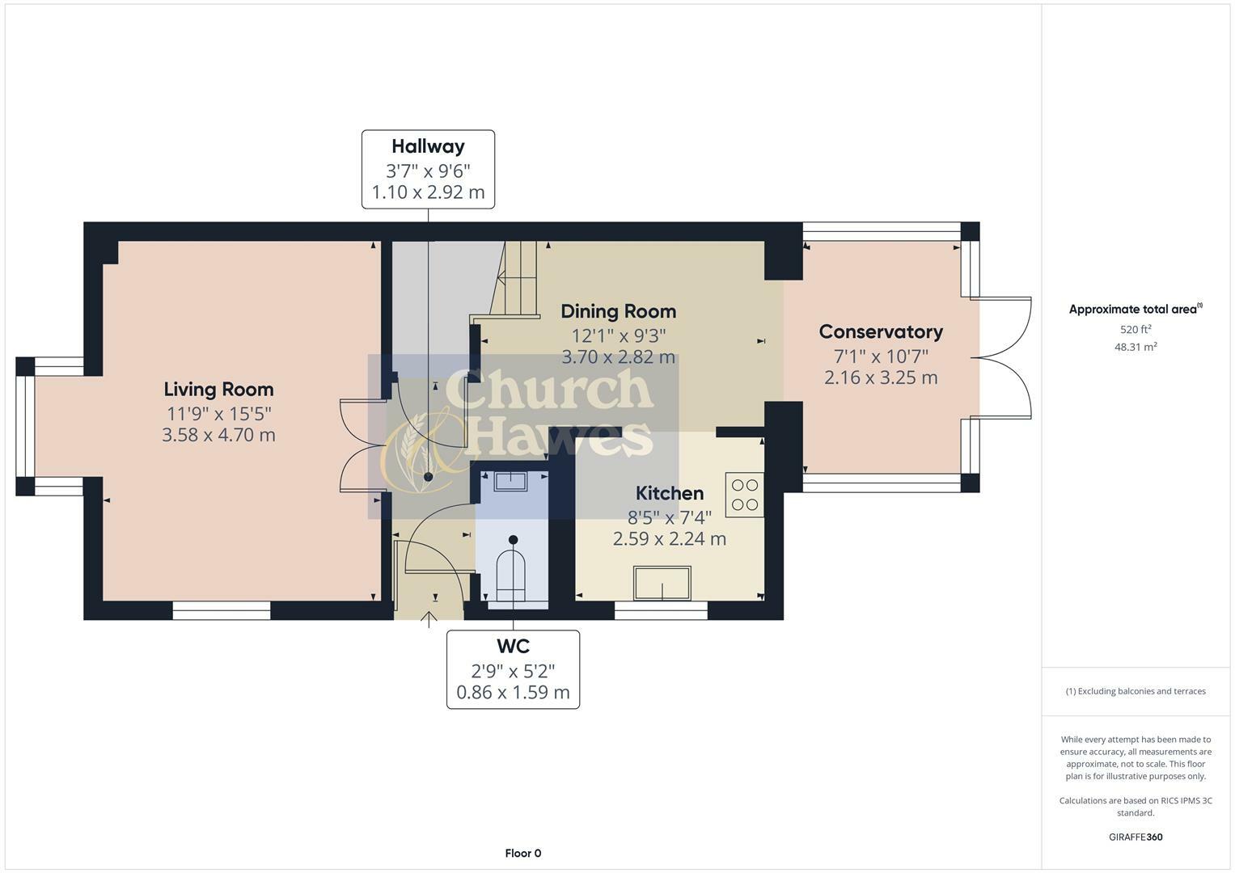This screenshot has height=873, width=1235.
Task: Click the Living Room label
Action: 218,390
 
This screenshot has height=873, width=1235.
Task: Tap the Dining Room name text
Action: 618,311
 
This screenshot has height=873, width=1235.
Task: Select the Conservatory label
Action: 881,332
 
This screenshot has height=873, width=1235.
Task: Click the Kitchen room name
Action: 669,493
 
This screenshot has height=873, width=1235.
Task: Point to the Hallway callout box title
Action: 428,146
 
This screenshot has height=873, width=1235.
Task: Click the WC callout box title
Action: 513,647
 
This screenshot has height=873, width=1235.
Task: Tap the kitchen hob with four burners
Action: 744,496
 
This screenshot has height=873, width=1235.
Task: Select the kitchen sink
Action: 662,584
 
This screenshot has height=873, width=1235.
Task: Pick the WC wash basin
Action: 510,482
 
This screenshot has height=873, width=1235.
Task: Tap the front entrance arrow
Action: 429,620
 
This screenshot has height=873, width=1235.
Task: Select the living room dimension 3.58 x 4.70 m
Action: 218,436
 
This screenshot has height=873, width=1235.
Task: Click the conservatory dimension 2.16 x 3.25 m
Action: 881,377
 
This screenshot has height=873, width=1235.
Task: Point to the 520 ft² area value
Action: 1135,330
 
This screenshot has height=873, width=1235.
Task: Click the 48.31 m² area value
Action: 1135,347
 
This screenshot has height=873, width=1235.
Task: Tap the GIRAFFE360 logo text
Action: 1135,837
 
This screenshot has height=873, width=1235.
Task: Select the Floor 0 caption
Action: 522,854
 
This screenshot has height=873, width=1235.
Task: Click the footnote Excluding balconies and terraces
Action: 1135,691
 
